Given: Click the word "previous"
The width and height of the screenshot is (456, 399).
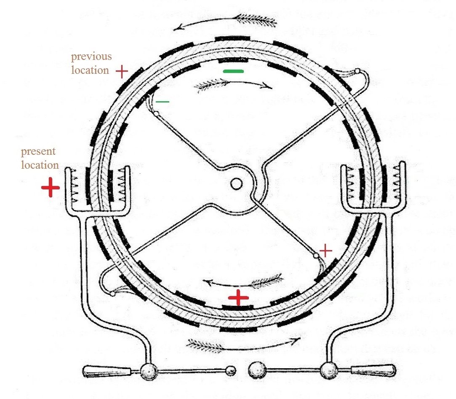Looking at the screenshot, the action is coord(91,57).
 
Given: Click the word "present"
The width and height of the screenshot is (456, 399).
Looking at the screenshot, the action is coord(38,152).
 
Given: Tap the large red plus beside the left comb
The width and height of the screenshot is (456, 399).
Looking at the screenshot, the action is coord(51,187).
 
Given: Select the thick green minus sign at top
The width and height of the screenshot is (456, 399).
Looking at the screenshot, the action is coord(233,71).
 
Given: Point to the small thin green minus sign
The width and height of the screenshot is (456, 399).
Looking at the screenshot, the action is coord(162,102).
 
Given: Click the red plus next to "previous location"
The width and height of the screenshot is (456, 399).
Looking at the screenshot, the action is coord(122,71).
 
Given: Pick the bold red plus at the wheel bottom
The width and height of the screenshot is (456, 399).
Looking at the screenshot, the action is coord(238,297).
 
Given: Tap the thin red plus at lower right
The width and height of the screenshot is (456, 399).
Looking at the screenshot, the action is coord(326,251).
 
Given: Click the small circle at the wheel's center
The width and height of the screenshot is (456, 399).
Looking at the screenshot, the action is coord(236,184).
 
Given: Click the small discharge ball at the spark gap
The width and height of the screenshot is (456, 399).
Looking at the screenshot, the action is coord(231,370).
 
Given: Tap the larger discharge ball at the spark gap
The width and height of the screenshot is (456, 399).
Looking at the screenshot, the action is coord(257,370).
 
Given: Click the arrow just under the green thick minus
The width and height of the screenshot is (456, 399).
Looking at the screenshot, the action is coord(233,84).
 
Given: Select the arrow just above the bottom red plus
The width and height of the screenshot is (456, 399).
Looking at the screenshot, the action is coord(243,281).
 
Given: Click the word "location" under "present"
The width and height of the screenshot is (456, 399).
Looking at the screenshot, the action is coord(40,165).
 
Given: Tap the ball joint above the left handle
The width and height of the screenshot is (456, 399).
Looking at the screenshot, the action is coord(149,371).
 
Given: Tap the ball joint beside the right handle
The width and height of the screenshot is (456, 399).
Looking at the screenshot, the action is coord(329,370).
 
